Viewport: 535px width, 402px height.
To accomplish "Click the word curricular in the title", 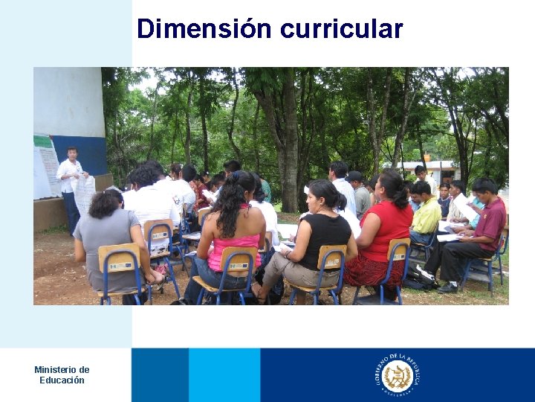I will pyautogui.click(x=342, y=29).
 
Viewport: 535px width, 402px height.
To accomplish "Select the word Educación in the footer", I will pyautogui.click(x=62, y=380).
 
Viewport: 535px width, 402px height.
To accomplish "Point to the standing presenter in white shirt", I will pyautogui.click(x=71, y=182).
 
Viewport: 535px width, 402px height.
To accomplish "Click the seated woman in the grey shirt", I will pyautogui.click(x=108, y=238).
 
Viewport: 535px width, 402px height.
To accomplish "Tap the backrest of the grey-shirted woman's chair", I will pyautogui.click(x=118, y=258).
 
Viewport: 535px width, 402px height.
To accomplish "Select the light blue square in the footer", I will pyautogui.click(x=224, y=375).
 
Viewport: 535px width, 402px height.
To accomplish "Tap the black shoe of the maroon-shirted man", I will pyautogui.click(x=448, y=287).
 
